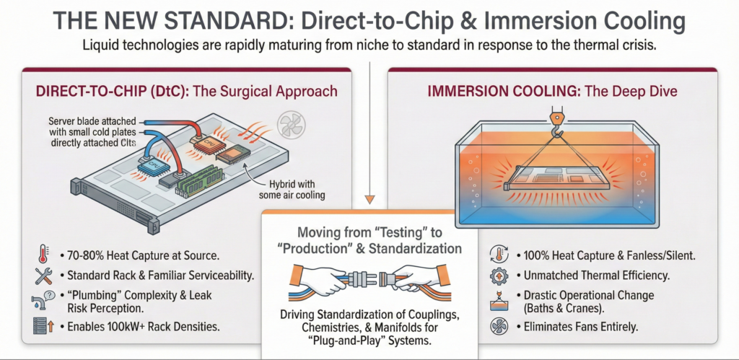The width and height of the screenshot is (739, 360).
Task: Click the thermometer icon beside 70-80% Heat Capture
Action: (41, 255)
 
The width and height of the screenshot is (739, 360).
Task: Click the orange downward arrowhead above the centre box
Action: (369, 200)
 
